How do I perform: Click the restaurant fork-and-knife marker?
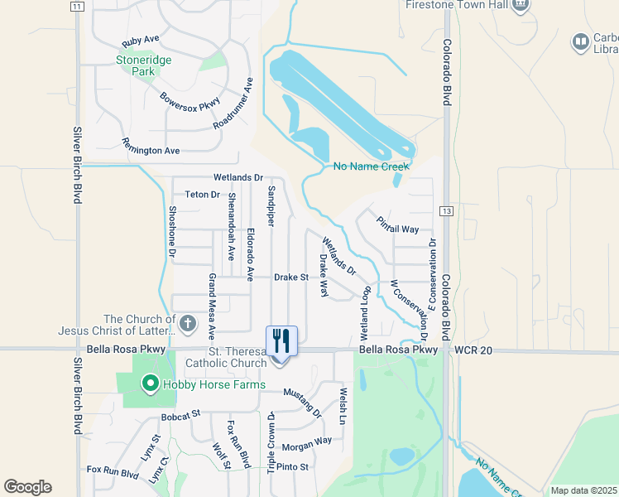[x=281, y=341]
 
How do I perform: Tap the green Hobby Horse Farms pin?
[x=150, y=384]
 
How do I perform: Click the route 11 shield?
[x=77, y=6]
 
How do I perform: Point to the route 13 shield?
[x=446, y=211]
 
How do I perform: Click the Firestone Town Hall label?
[x=457, y=5]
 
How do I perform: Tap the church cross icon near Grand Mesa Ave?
[x=188, y=324]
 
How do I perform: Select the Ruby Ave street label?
[x=140, y=41]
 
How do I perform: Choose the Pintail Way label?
[x=397, y=224]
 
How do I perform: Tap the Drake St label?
[x=291, y=277]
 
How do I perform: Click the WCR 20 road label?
[x=473, y=351]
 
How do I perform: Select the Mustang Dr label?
[x=302, y=402]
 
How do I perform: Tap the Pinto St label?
[x=293, y=467]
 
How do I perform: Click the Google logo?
[x=27, y=487]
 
